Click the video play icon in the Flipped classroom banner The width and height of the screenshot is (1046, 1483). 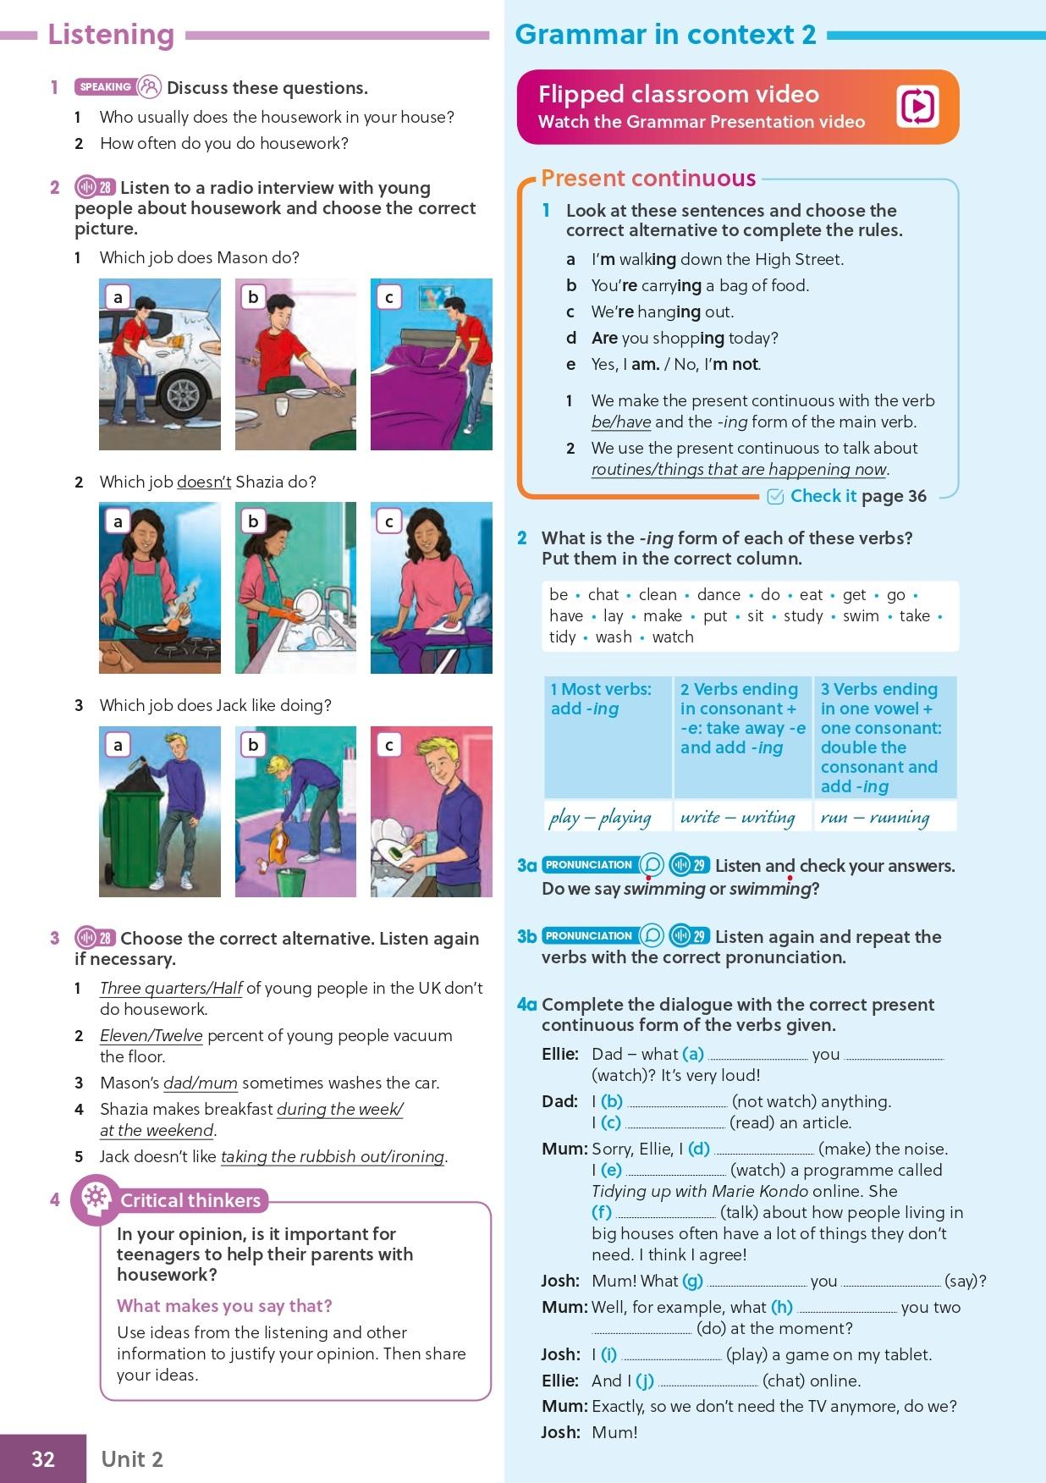pos(917,107)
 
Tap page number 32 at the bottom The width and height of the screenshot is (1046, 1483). pos(43,1458)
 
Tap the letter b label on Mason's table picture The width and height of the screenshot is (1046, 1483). pos(253,297)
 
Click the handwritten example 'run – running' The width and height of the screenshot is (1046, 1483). pos(875,817)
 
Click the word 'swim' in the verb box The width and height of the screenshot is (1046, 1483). pos(861,615)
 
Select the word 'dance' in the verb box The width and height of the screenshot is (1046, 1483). pos(718,594)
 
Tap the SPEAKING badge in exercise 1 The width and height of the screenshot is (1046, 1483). pos(105,87)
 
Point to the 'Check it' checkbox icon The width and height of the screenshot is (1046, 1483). pos(775,497)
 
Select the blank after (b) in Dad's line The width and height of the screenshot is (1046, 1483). pos(678,1103)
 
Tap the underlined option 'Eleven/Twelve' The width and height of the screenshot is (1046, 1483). pos(151,1035)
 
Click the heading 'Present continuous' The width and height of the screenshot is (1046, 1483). pos(648,178)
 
